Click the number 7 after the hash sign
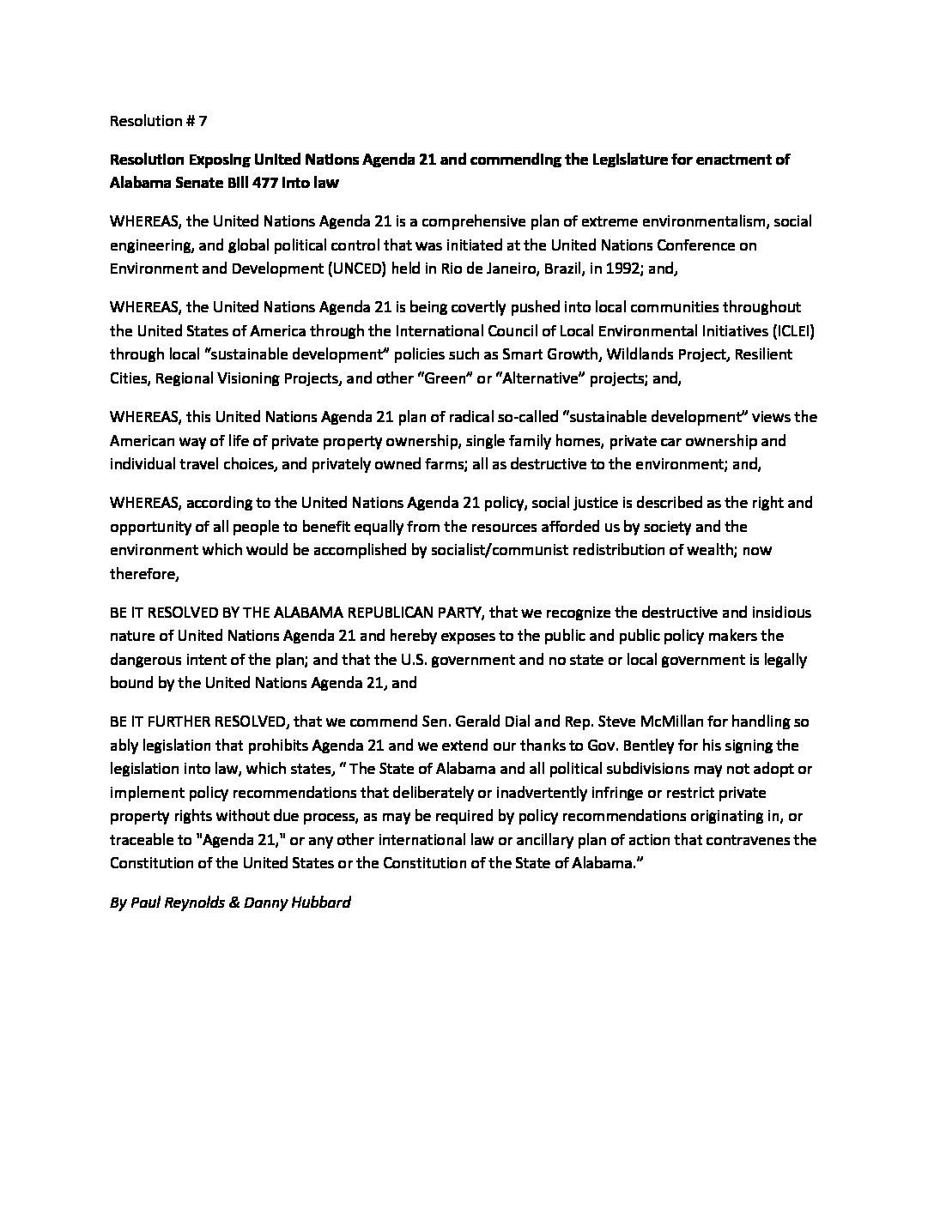[x=203, y=121]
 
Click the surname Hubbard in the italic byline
[x=322, y=903]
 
